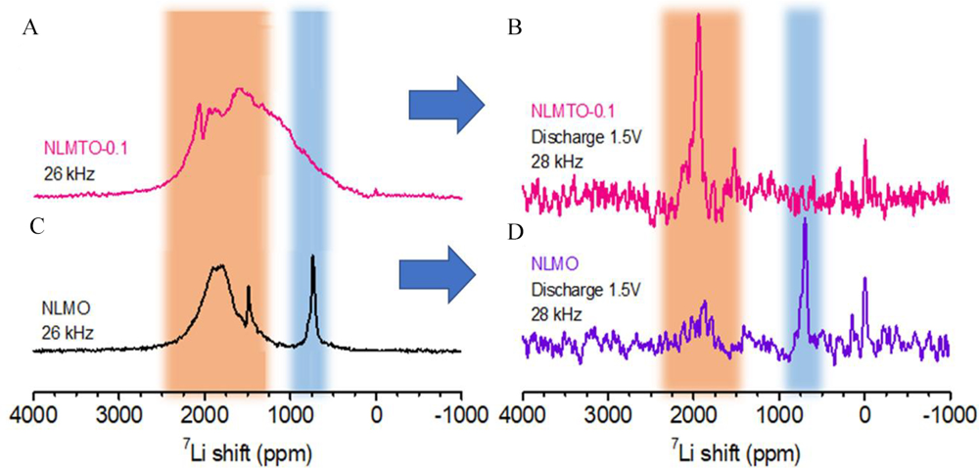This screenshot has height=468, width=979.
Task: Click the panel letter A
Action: coord(29,29)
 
